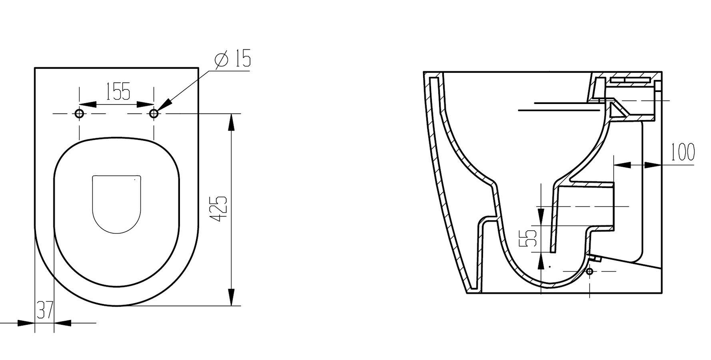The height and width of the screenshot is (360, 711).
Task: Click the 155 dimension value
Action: coord(118,92)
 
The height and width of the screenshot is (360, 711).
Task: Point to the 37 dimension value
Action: coord(44,310)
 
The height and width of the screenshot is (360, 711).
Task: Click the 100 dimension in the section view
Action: coord(682,152)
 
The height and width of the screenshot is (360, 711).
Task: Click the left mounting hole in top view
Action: coord(80,113)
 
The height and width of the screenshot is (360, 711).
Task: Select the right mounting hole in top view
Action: coord(154,113)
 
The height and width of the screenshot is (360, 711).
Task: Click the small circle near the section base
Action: coord(589,271)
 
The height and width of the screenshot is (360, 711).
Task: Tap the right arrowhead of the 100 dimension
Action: coord(651,165)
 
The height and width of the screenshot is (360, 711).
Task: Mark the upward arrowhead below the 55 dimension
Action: coord(540,263)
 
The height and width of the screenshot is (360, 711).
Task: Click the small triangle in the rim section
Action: coord(616,109)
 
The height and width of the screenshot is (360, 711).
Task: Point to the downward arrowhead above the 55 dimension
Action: coord(540,213)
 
